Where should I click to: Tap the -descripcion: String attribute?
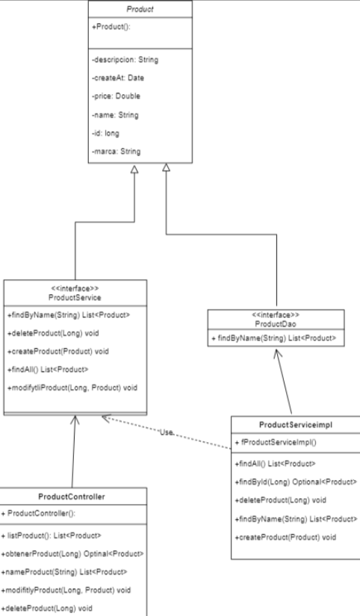pos(126,60)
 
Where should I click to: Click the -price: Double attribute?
pos(117,96)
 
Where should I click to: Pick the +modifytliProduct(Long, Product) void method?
pos(72,388)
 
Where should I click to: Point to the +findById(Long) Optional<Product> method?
pos(296,482)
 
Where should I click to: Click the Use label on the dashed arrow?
pos(167,432)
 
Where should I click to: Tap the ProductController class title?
pos(72,497)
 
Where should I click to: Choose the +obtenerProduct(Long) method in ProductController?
pos(72,553)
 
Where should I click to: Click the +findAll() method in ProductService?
pos(48,370)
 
